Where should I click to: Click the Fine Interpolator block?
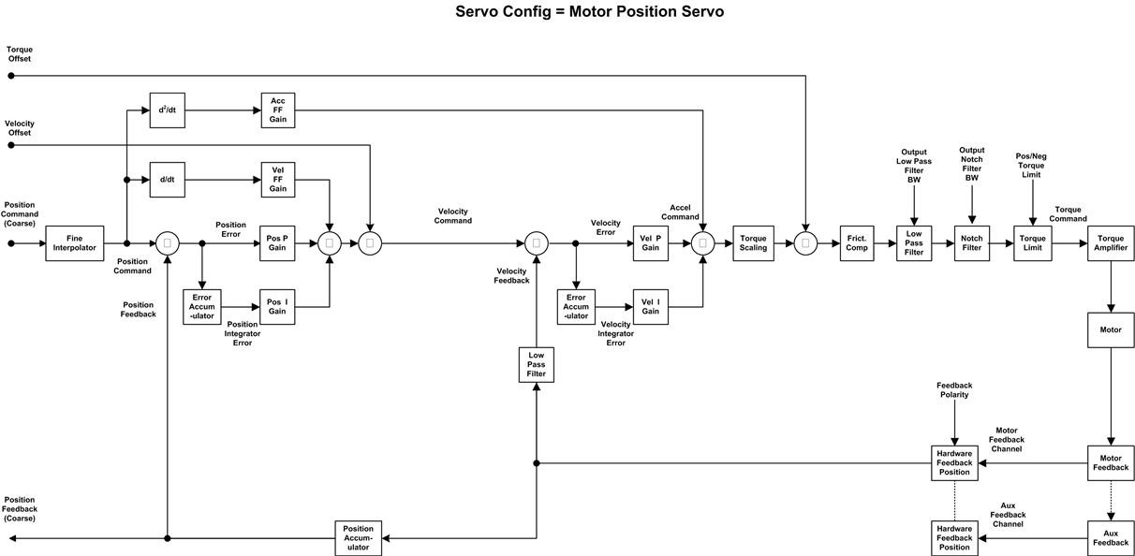(x=74, y=243)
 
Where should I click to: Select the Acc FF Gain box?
(x=278, y=110)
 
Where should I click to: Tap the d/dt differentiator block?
(x=168, y=180)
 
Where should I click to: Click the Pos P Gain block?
(x=277, y=243)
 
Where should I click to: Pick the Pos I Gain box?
(x=277, y=307)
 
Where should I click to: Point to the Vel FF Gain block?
(x=278, y=180)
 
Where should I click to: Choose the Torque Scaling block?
(x=753, y=243)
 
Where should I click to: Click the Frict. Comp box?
(x=856, y=243)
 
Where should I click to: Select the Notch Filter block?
(x=972, y=243)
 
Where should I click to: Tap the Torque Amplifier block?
(x=1111, y=243)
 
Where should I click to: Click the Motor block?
(x=1111, y=330)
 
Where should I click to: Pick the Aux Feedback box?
(x=1111, y=538)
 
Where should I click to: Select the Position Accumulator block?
(x=359, y=538)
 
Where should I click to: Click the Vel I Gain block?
(x=651, y=307)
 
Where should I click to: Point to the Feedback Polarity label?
(x=954, y=390)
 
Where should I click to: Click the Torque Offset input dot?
(x=11, y=76)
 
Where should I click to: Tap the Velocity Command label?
(x=452, y=216)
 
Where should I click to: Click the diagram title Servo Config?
(x=589, y=12)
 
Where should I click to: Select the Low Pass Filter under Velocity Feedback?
(x=536, y=365)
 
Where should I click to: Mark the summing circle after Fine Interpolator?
(x=168, y=243)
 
